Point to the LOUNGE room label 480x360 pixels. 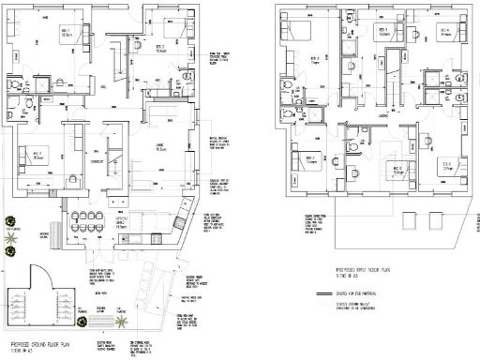pyautogui.click(x=160, y=147)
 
